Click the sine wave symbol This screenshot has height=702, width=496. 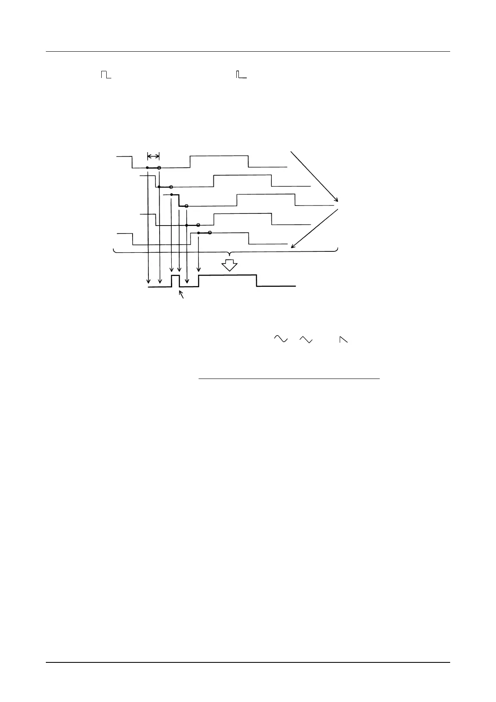tap(281, 339)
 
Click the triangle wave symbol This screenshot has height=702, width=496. tap(306, 339)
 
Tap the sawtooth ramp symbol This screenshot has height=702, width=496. tap(343, 340)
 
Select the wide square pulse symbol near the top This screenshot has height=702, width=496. tap(106, 75)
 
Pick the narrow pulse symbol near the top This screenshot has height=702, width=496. tap(241, 75)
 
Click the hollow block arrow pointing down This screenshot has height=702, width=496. tap(229, 265)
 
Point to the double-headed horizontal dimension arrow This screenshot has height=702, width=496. tap(153, 156)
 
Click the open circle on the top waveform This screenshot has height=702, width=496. tap(159, 168)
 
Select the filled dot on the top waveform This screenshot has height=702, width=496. tap(148, 168)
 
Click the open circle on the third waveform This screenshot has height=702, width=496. tap(186, 206)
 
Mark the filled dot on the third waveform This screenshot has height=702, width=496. tap(172, 195)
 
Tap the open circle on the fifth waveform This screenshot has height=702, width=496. tap(210, 233)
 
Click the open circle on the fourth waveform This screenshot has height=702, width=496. tap(198, 225)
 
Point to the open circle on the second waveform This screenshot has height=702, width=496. tap(171, 187)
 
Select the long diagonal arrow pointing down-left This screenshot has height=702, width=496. tap(315, 228)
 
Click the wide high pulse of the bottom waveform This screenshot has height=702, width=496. tap(227, 276)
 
